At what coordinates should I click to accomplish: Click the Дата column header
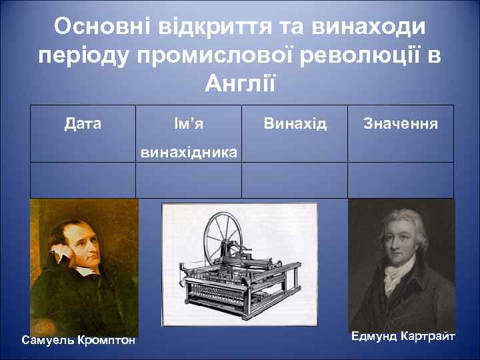tap(83, 123)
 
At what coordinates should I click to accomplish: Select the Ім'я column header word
tap(188, 123)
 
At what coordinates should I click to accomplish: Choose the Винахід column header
tap(295, 123)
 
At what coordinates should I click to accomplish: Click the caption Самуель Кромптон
tap(79, 341)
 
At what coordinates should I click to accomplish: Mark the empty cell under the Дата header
tap(83, 181)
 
